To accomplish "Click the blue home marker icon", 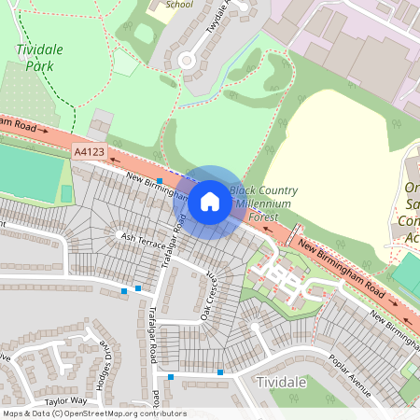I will tap(210, 202).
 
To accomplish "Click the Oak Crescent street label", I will tap(211, 297).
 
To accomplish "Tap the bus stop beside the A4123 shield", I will tap(160, 180).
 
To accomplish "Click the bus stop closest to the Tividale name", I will tap(220, 372).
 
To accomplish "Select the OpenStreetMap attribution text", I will tap(93, 413).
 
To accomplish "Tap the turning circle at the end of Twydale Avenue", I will tap(187, 62).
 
